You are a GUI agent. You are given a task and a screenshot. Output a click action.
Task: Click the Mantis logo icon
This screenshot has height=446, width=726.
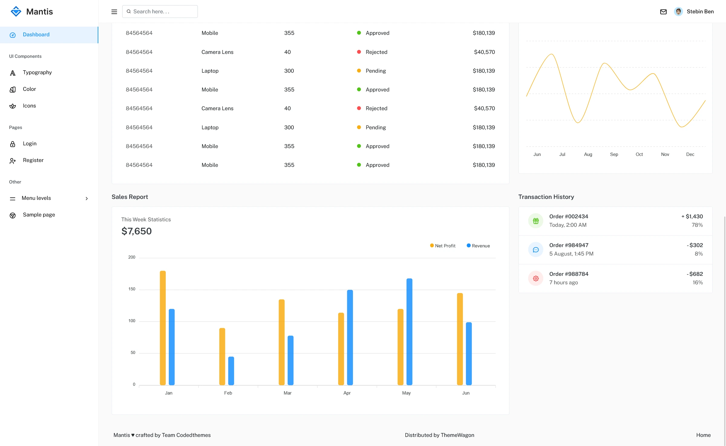tap(16, 12)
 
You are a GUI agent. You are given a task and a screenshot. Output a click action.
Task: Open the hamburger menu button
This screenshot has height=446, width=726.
tap(114, 12)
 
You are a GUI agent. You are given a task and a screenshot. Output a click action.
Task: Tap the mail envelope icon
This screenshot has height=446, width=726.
tap(663, 12)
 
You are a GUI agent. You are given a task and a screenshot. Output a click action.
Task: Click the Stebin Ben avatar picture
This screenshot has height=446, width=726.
tap(678, 12)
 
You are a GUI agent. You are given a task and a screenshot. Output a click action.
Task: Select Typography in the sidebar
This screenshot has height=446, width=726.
tap(37, 72)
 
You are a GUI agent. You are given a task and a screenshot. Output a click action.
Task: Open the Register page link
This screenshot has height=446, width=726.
tap(33, 160)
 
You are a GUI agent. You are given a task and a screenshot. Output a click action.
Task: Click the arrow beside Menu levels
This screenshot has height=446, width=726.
tap(87, 199)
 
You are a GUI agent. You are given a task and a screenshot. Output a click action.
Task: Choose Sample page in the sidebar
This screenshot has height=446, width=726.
tap(39, 215)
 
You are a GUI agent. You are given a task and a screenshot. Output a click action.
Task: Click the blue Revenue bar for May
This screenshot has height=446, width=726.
tap(409, 332)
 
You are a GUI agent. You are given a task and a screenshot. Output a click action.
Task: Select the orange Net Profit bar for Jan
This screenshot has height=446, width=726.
tap(163, 328)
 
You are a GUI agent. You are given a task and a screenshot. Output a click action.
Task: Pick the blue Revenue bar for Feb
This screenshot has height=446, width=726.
tap(231, 371)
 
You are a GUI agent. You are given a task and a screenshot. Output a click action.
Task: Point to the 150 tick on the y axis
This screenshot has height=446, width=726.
tap(132, 289)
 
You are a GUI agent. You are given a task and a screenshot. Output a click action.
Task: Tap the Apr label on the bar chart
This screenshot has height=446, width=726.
tap(347, 393)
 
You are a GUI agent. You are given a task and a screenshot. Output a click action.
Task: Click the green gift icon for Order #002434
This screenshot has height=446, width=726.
tap(536, 221)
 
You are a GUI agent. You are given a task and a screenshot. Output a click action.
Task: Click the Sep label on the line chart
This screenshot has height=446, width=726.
tap(614, 154)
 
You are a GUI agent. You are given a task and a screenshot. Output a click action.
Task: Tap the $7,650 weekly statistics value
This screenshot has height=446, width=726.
tap(136, 231)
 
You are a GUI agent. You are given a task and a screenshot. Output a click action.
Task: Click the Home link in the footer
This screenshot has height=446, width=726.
tap(703, 435)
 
